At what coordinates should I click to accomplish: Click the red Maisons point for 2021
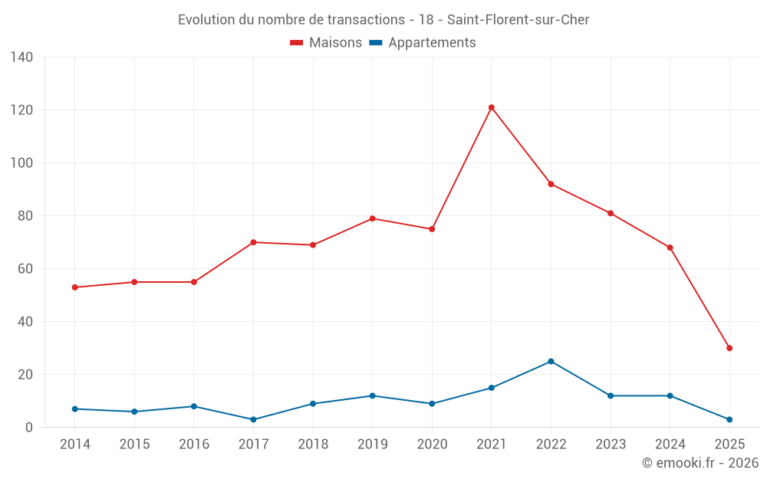point(492,107)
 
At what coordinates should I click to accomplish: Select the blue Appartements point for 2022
point(551,361)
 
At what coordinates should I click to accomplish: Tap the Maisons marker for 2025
point(729,348)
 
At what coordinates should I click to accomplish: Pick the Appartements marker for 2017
point(253,419)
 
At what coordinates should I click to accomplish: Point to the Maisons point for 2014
point(74,287)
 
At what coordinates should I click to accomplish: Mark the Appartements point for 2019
point(372,395)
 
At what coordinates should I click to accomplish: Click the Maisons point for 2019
point(372,218)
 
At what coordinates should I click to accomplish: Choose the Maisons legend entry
point(326,43)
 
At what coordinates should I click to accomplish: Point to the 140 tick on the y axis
point(22,57)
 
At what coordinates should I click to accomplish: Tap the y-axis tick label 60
point(25,269)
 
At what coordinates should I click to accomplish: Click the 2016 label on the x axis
point(194,445)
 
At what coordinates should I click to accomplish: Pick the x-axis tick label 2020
point(432,445)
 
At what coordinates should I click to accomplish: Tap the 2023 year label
point(611,445)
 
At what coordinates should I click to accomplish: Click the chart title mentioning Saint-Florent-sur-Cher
point(383,19)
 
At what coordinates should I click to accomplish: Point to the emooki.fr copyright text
point(700,463)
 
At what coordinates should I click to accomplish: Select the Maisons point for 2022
point(551,184)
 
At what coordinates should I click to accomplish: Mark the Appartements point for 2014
point(74,408)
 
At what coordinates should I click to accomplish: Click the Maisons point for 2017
point(253,242)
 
